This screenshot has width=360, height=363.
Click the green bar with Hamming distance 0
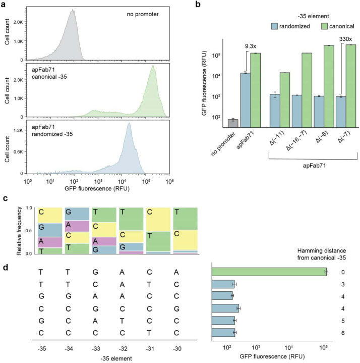269,272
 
